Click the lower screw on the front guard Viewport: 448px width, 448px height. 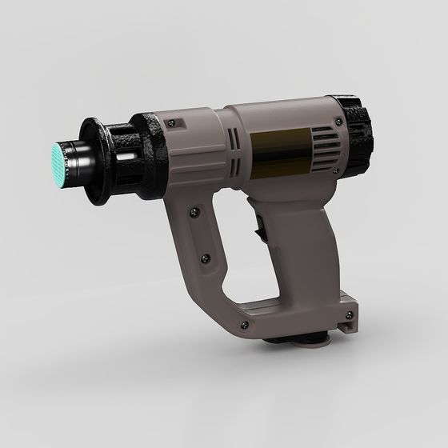point(206,258)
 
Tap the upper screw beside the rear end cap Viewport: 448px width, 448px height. point(340,122)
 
